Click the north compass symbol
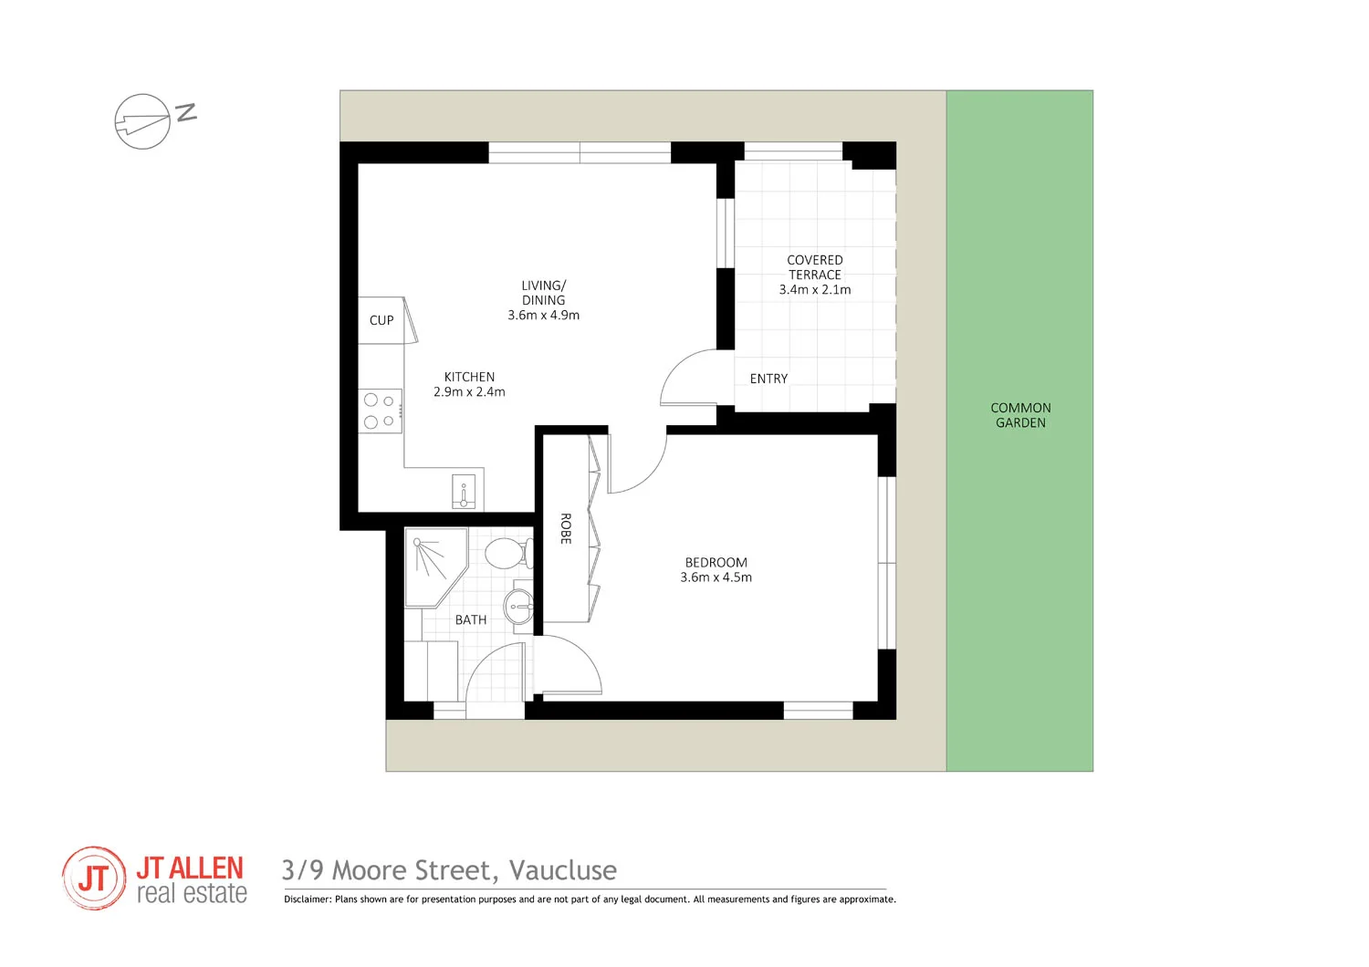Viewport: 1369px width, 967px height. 143,121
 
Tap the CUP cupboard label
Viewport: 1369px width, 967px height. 381,320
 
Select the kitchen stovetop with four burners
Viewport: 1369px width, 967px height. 380,411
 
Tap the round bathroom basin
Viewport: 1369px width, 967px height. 519,604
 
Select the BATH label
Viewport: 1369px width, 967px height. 471,620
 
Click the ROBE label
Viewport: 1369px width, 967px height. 565,529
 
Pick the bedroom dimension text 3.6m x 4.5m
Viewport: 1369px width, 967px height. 716,577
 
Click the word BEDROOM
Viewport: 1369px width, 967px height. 716,563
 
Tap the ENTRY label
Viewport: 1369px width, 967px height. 768,379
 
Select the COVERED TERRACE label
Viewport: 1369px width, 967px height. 815,267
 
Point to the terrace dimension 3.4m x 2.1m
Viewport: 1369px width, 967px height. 815,290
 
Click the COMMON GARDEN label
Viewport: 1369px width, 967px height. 1020,415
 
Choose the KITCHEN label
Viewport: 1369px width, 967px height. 469,377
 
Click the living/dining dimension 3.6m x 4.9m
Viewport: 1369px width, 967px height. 544,316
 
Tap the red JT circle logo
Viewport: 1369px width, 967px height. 94,879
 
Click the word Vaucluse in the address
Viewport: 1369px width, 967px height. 562,870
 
